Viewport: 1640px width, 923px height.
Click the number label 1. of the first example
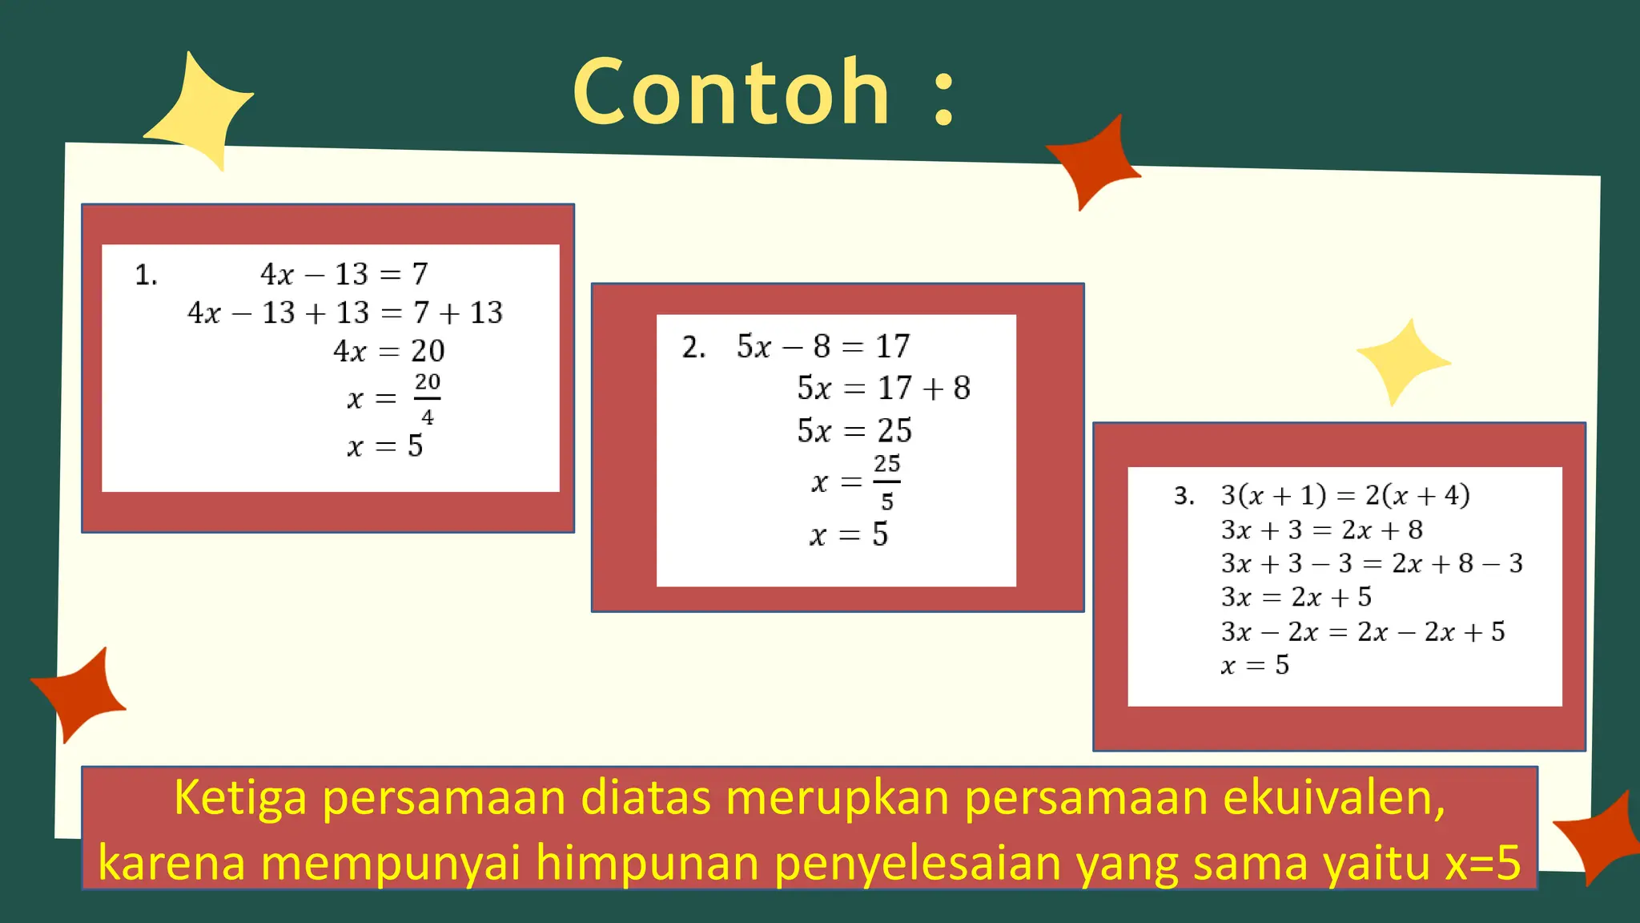click(x=146, y=276)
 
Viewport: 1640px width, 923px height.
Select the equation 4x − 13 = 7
click(x=344, y=274)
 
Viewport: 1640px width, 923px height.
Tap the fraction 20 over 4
click(x=427, y=398)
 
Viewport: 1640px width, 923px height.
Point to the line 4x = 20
click(x=388, y=351)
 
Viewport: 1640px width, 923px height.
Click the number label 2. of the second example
click(x=693, y=348)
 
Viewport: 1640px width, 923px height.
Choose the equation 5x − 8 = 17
click(x=823, y=346)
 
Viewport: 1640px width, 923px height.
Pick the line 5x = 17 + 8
click(x=883, y=389)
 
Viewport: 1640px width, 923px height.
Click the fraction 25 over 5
click(x=886, y=482)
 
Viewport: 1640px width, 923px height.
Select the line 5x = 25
click(x=854, y=431)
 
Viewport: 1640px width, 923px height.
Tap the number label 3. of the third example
click(x=1184, y=496)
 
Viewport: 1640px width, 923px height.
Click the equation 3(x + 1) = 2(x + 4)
click(x=1345, y=495)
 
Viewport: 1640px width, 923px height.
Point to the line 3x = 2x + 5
click(x=1296, y=597)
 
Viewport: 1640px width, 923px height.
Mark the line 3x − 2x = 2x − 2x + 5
click(x=1362, y=631)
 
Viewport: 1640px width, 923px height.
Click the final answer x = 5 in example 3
click(x=1255, y=665)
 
